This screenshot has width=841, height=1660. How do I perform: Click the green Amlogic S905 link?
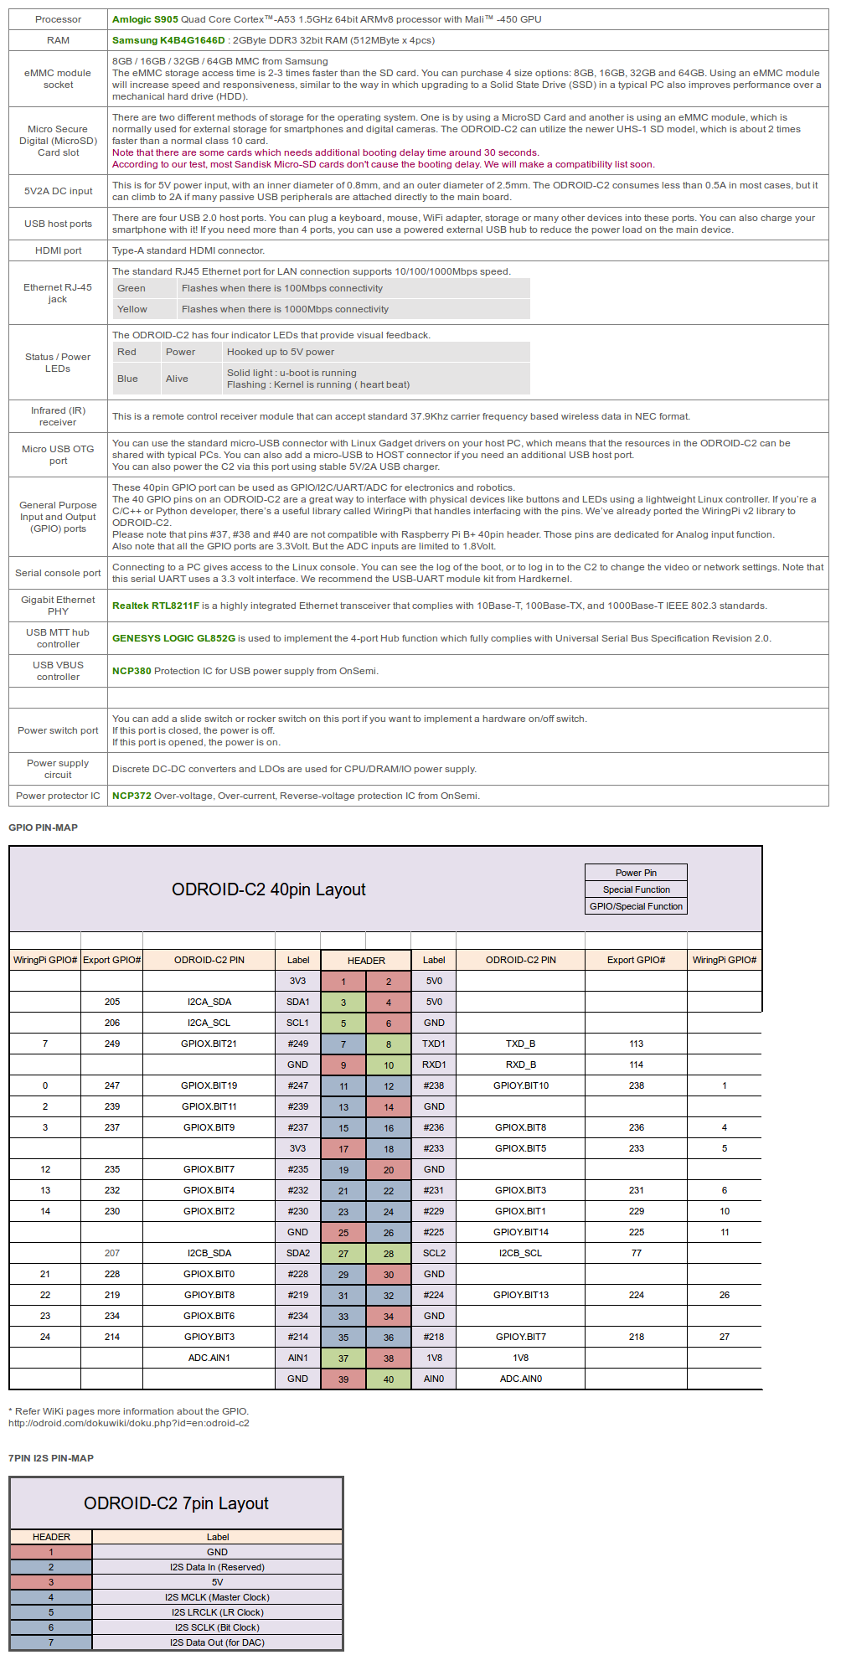pos(145,19)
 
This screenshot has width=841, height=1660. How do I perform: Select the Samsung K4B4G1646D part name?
pos(168,40)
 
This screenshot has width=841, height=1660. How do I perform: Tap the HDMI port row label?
pos(58,250)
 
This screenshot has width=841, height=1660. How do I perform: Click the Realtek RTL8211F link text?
pos(156,606)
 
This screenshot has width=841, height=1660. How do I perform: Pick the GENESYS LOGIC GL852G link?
pos(173,638)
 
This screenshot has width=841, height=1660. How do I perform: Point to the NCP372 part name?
pos(132,796)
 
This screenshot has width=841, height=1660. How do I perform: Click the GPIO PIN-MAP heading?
pos(43,827)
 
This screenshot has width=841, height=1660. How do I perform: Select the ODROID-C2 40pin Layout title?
pos(268,889)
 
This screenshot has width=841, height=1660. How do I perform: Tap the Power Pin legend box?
pos(636,873)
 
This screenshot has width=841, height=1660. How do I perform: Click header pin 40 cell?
pos(389,1379)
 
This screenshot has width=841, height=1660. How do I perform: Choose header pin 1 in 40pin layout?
pos(343,982)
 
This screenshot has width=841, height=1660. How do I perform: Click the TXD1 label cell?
pos(434,1044)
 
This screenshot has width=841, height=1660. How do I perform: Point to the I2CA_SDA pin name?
pos(209,1002)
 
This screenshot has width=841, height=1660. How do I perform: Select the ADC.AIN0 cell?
pos(520,1379)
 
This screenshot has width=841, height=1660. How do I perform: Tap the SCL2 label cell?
pos(434,1253)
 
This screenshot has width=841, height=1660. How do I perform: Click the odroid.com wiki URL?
pos(129,1423)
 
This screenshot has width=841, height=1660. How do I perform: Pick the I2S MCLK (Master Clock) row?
pos(217,1597)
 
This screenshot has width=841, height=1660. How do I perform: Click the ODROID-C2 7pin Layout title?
pos(176,1503)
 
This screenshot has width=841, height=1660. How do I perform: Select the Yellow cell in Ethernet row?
pos(132,309)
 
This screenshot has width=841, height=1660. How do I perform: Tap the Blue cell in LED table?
pos(127,379)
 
